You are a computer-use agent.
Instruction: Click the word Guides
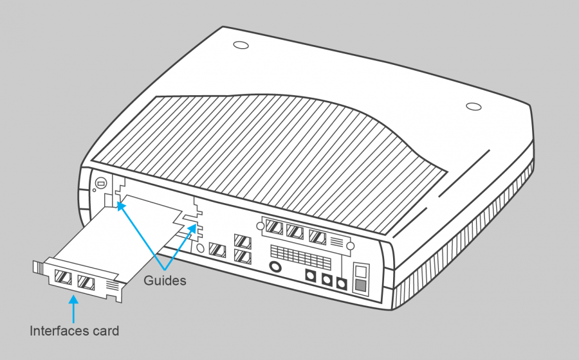165,281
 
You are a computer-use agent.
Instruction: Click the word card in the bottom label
106,331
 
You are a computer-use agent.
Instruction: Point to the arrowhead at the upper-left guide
120,206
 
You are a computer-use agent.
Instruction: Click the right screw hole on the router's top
473,105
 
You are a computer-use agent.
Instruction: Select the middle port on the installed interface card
295,231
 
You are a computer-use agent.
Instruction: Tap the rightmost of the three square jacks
342,283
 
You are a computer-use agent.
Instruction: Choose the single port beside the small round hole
217,250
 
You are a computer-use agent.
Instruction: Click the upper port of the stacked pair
242,242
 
